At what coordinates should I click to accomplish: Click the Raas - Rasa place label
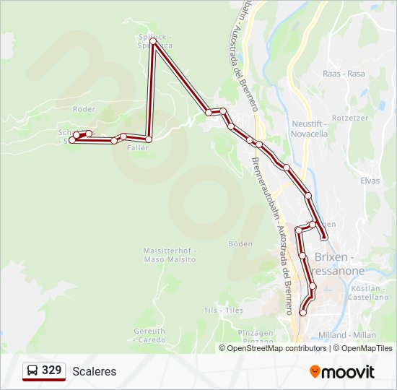(x=344, y=74)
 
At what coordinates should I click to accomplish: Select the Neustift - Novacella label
(x=310, y=129)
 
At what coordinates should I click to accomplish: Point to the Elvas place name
(x=370, y=181)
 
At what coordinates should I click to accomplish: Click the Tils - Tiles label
(x=223, y=310)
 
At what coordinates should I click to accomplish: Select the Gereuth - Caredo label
(x=149, y=335)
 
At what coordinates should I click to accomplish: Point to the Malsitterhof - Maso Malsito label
(x=170, y=255)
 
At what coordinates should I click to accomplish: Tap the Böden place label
(x=240, y=244)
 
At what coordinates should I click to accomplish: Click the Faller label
(x=138, y=147)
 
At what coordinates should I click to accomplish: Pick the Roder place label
(x=84, y=109)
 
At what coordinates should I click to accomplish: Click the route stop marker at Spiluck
(x=153, y=41)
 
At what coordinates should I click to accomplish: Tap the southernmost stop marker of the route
(x=303, y=313)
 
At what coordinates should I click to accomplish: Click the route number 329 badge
(x=44, y=371)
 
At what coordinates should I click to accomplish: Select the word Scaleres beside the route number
(x=94, y=372)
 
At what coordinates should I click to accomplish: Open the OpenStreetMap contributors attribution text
(x=277, y=348)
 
